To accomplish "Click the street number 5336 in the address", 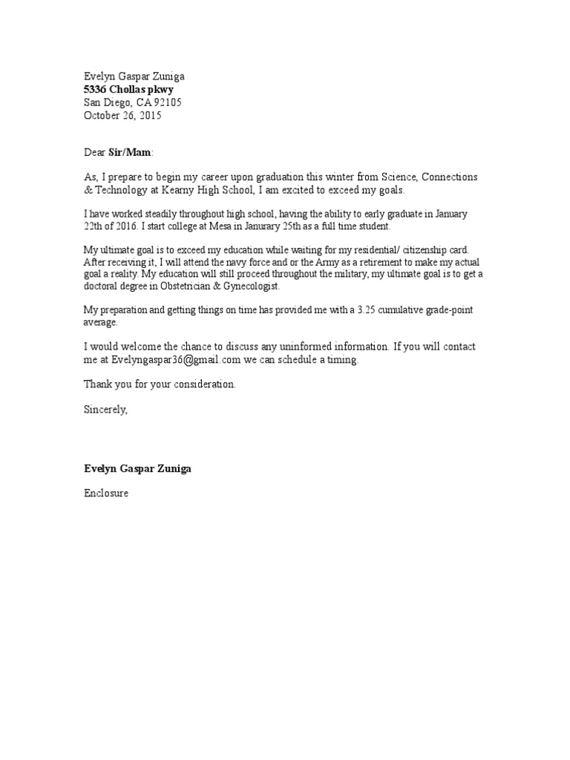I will tap(96, 89).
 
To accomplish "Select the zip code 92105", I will tap(167, 102).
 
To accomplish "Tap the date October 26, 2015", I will tap(122, 116).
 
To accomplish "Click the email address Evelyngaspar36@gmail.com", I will tap(177, 360).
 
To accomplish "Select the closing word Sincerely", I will tap(105, 409).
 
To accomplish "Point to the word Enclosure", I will tap(106, 493).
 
